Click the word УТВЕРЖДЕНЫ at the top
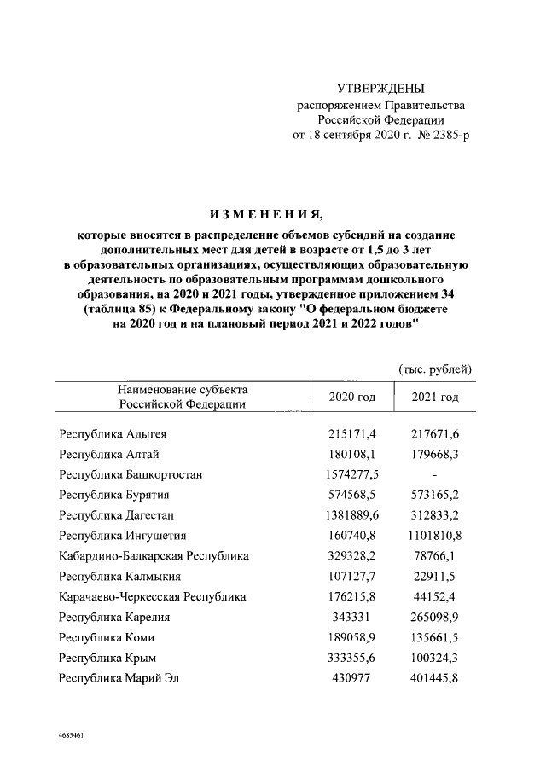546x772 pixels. tap(380, 90)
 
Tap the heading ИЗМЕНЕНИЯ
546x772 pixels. tap(272, 212)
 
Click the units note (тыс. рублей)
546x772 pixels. tap(435, 369)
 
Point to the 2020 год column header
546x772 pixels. tap(351, 398)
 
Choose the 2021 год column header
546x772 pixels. tap(435, 398)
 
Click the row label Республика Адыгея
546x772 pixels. tap(112, 434)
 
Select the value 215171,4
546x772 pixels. tap(351, 434)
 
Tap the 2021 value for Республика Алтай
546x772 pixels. tap(435, 454)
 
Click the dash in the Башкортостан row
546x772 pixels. tap(435, 474)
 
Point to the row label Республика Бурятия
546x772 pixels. tap(113, 495)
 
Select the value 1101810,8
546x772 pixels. tap(435, 536)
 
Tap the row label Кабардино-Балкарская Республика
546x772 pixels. tap(154, 556)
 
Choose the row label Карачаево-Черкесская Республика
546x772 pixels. tap(152, 597)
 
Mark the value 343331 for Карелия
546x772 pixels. tap(351, 618)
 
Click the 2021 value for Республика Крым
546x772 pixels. tap(435, 659)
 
